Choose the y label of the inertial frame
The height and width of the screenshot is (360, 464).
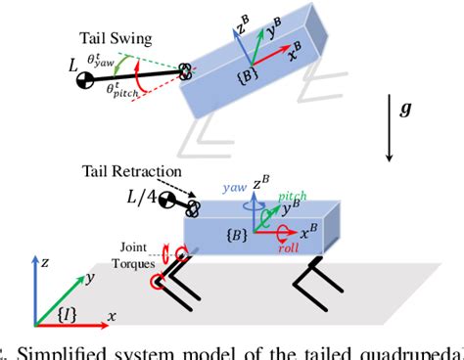pos(89,280)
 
